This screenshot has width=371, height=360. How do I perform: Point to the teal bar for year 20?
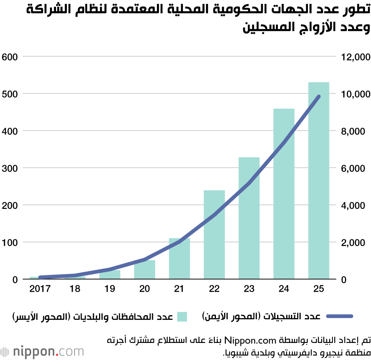coord(144,270)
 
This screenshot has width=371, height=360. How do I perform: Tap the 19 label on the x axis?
coord(110,289)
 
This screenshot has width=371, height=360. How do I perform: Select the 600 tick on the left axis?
coord(10,57)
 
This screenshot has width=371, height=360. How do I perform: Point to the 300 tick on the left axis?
coord(10,168)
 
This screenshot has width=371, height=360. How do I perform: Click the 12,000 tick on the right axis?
coord(355,57)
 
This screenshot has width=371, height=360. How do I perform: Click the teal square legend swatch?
coord(182,317)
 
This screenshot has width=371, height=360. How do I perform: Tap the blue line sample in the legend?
coord(339,317)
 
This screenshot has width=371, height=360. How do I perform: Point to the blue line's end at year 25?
coord(318,97)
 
